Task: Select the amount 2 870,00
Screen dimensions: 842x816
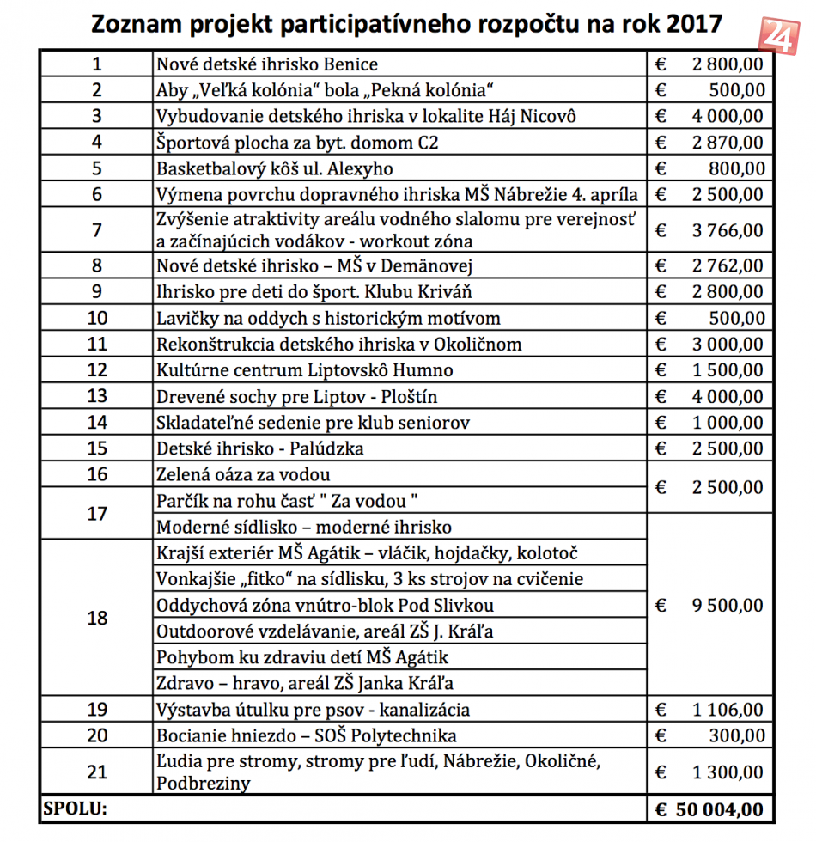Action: tap(727, 142)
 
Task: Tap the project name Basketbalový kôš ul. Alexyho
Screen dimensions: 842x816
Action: tap(275, 168)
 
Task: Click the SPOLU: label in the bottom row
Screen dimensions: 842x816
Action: tap(76, 809)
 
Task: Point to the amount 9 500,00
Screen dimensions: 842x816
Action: tap(727, 606)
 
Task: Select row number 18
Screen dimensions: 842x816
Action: tap(97, 619)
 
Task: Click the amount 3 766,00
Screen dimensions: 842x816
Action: tap(727, 229)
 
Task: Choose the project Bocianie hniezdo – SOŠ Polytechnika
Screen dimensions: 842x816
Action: tap(307, 735)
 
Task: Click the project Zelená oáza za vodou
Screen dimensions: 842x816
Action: tap(243, 474)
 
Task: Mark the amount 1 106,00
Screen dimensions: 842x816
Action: tap(727, 710)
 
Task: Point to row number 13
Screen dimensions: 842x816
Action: tap(97, 396)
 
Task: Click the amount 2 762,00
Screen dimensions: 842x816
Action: tap(727, 265)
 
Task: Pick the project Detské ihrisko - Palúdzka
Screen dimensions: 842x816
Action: tap(260, 448)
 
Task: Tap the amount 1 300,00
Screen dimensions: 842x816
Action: tap(727, 772)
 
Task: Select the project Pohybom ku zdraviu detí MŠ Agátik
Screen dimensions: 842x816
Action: tap(302, 657)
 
